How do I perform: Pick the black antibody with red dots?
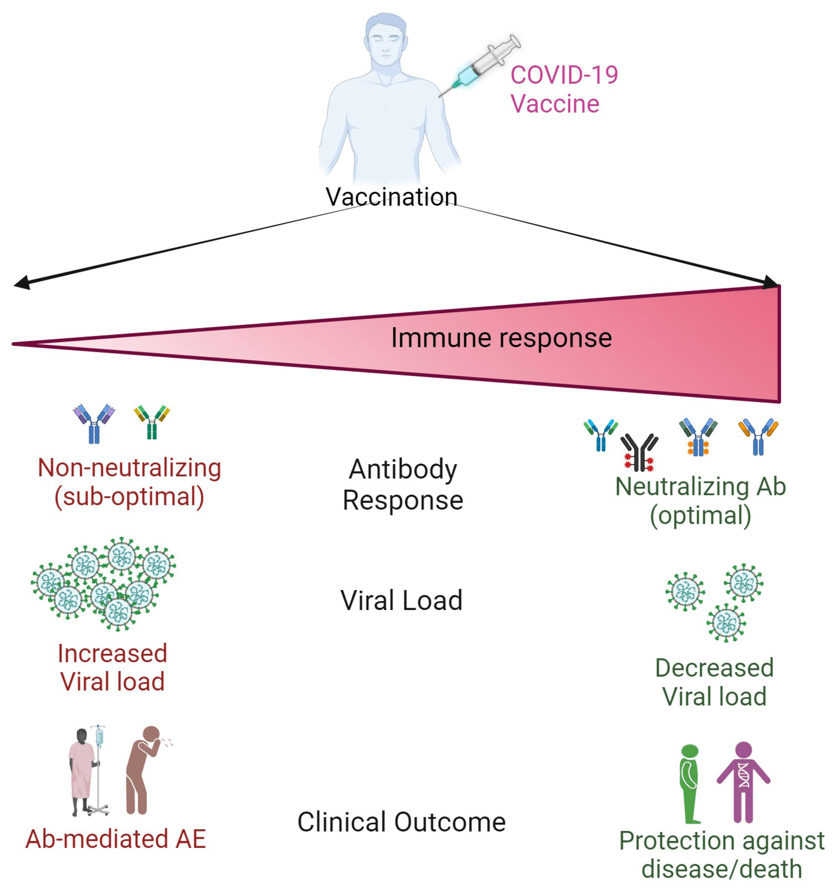(639, 452)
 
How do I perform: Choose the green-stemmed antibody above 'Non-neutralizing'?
(152, 422)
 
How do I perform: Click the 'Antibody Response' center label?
(402, 485)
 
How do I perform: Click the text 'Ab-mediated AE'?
(115, 839)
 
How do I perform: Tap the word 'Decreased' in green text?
(714, 668)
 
